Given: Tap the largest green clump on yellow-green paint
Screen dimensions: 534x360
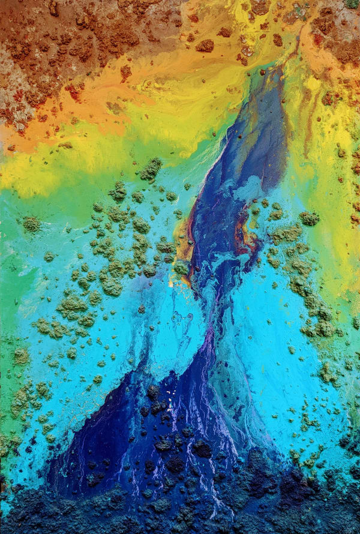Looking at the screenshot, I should (151, 169).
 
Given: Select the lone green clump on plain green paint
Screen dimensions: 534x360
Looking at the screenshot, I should (31, 224).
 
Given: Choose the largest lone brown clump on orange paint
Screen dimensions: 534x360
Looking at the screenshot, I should (205, 46).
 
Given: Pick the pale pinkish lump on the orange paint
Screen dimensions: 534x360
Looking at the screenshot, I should (246, 52).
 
